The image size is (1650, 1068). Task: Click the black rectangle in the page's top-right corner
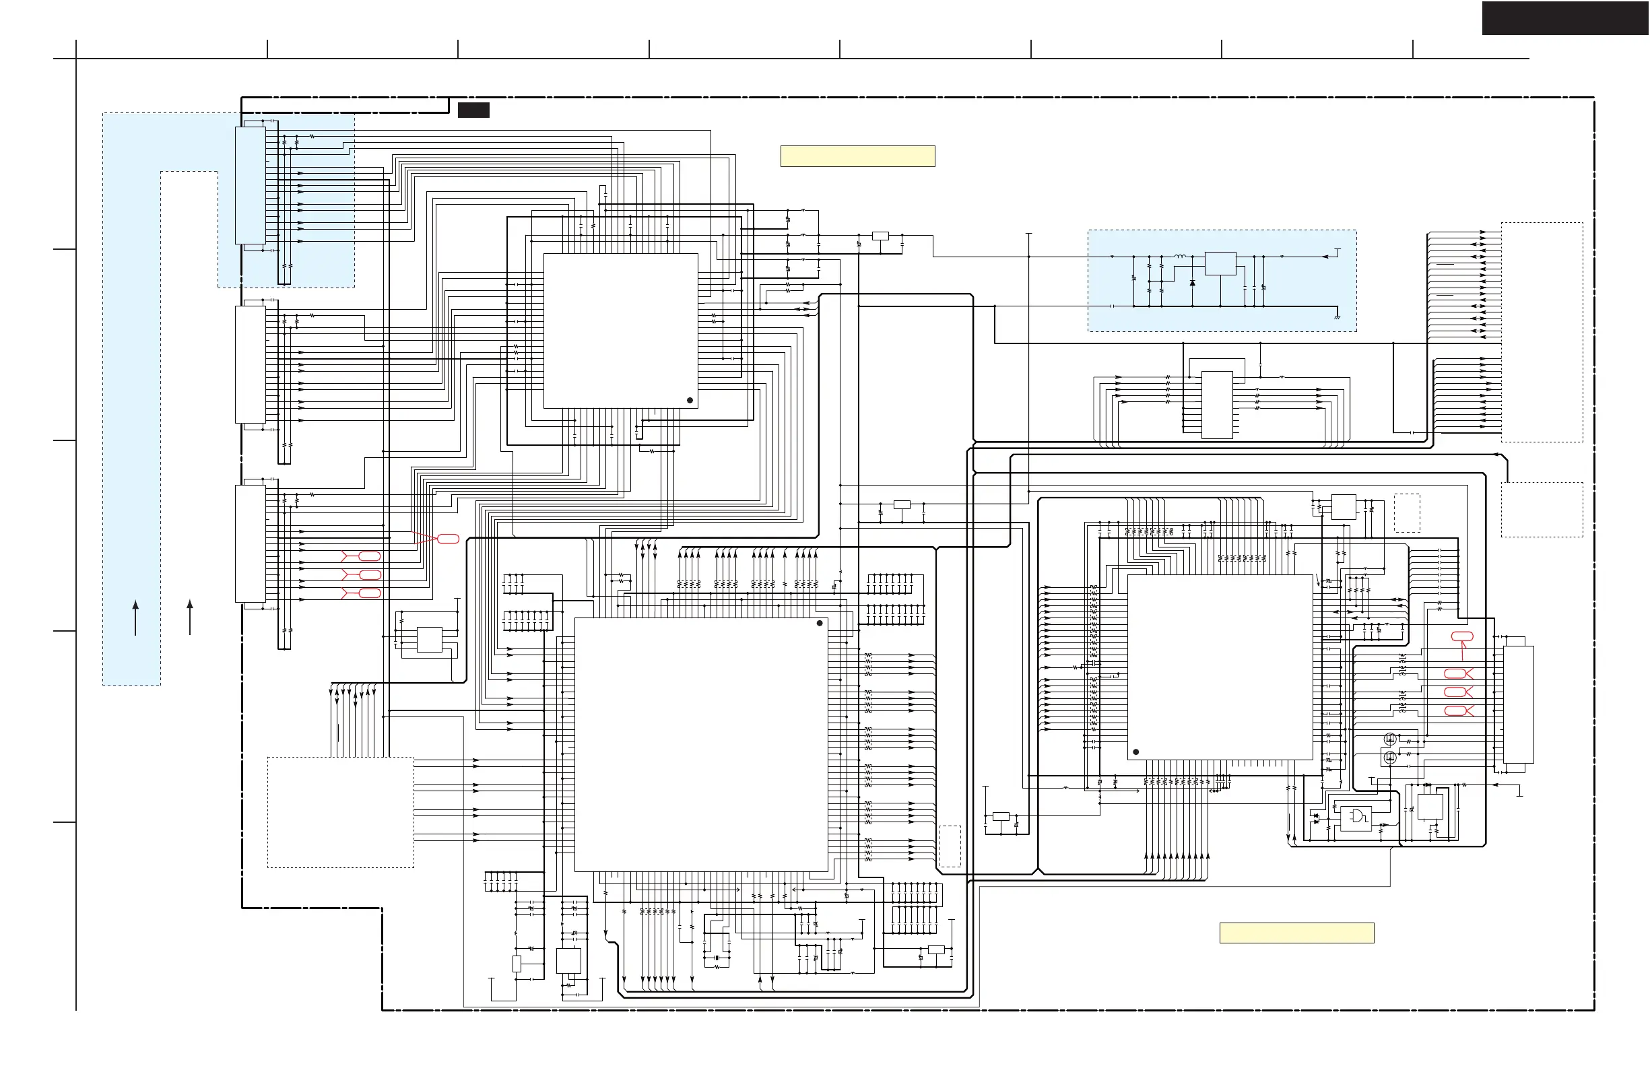click(1564, 18)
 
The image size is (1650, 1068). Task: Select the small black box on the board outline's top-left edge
click(473, 110)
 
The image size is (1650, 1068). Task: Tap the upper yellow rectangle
click(857, 156)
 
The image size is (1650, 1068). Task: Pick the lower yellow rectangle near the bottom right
click(1296, 933)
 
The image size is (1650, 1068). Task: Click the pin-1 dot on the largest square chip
click(820, 623)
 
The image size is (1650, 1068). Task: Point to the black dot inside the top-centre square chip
click(690, 400)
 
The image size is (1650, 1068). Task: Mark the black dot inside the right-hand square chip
click(1135, 752)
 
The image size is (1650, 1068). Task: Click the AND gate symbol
click(1355, 817)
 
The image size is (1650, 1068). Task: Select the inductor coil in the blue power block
click(1179, 257)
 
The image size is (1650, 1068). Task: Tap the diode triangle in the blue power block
click(1192, 283)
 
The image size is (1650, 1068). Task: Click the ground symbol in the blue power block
click(1337, 316)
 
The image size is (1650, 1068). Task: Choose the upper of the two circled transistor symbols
click(1389, 739)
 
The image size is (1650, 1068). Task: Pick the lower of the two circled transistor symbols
click(1389, 758)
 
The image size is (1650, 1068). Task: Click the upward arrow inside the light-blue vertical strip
click(135, 617)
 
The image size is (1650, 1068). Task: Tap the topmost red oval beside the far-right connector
click(1462, 636)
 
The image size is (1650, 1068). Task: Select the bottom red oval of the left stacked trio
click(370, 593)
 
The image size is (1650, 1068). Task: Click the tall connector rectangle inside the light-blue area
click(251, 185)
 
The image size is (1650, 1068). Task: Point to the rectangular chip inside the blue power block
click(1220, 263)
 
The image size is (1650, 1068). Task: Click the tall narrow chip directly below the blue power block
click(1217, 405)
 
